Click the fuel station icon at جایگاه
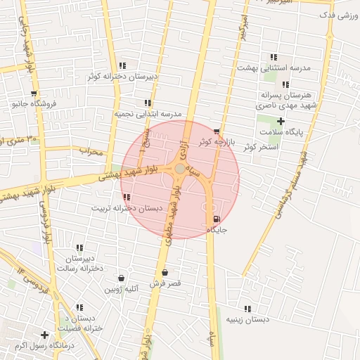(x=215, y=219)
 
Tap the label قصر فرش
(x=165, y=283)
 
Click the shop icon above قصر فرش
(x=165, y=273)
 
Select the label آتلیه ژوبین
(x=122, y=288)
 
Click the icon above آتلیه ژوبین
(x=122, y=278)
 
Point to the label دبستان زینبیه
(x=247, y=319)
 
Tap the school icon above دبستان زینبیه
(x=247, y=309)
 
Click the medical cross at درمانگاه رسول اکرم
(x=45, y=335)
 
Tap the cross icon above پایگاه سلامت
(x=281, y=122)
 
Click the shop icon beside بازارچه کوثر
(x=216, y=131)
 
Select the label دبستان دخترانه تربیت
(x=127, y=208)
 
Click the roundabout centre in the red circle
(x=181, y=169)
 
